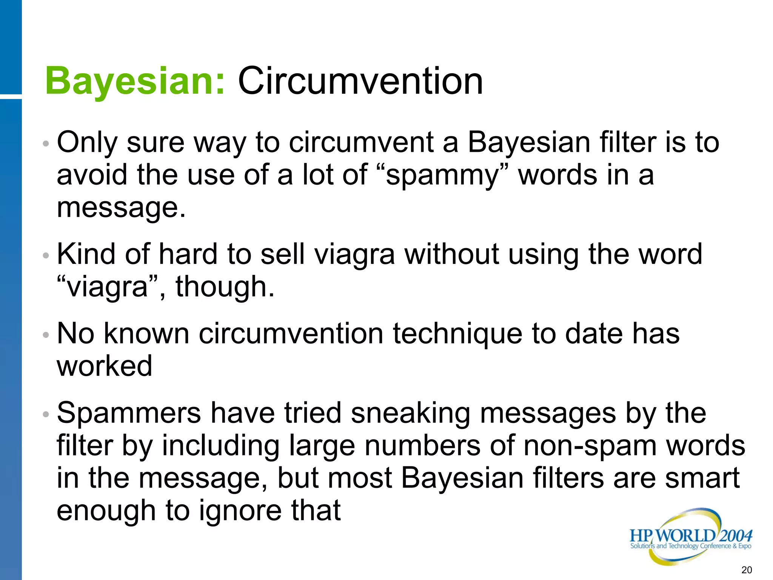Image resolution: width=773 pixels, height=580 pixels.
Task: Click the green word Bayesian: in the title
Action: [x=135, y=81]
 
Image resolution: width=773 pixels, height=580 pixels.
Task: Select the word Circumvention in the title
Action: [x=360, y=81]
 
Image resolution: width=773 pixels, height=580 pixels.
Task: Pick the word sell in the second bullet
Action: [x=282, y=254]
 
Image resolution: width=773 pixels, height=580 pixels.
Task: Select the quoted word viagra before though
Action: [x=107, y=287]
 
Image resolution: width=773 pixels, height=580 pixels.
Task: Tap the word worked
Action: [x=105, y=366]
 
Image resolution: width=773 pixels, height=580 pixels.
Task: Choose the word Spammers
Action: [x=129, y=413]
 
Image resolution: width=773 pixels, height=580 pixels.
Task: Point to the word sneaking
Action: [x=410, y=413]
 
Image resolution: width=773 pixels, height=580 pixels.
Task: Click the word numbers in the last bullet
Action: [x=422, y=446]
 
